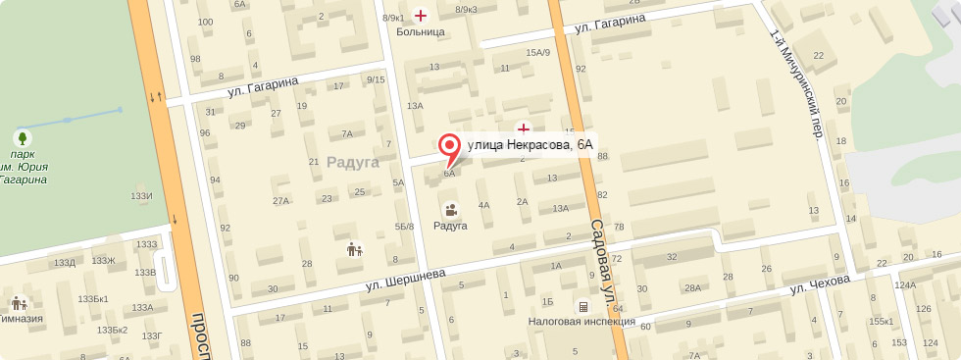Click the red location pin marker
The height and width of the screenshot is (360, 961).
tap(450, 147)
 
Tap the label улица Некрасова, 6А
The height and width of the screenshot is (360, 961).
tap(531, 145)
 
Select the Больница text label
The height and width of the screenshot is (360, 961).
tap(421, 31)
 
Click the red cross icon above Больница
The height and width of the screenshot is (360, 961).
tap(422, 15)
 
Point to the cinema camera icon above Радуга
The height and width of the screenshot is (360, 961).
tap(451, 209)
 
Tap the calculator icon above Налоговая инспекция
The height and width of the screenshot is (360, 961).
tap(583, 305)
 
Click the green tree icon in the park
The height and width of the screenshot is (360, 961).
tap(23, 136)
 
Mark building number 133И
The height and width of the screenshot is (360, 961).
tap(141, 196)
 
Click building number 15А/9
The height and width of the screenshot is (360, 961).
tap(538, 52)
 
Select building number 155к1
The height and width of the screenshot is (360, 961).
tap(881, 321)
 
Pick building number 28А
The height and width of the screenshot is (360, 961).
tap(692, 287)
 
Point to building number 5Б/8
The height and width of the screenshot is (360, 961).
tap(404, 227)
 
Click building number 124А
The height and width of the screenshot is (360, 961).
tap(904, 285)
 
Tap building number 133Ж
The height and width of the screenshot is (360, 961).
tap(103, 260)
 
